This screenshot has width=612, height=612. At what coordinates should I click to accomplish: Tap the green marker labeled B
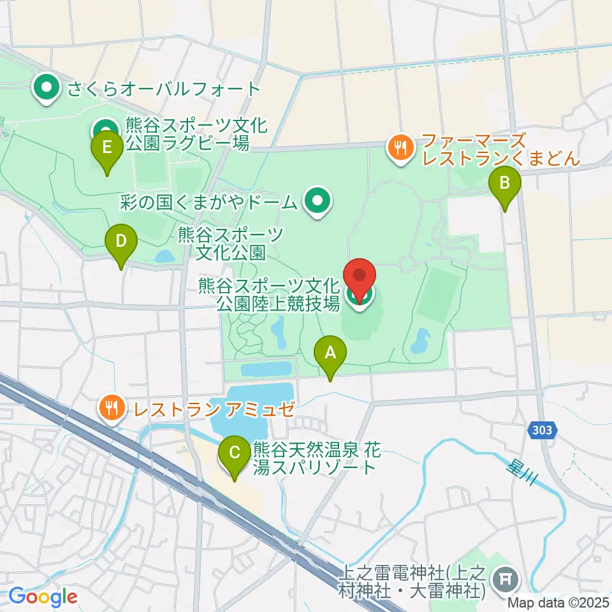504,185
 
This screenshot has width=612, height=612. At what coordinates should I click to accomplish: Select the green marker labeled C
235,455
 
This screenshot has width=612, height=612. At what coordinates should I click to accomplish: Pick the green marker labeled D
121,243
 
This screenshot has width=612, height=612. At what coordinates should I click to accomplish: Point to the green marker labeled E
106,149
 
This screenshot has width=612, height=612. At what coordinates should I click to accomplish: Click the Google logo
43,597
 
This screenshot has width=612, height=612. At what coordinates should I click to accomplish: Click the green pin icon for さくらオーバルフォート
46,88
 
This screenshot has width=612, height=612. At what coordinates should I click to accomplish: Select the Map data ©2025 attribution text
559,601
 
